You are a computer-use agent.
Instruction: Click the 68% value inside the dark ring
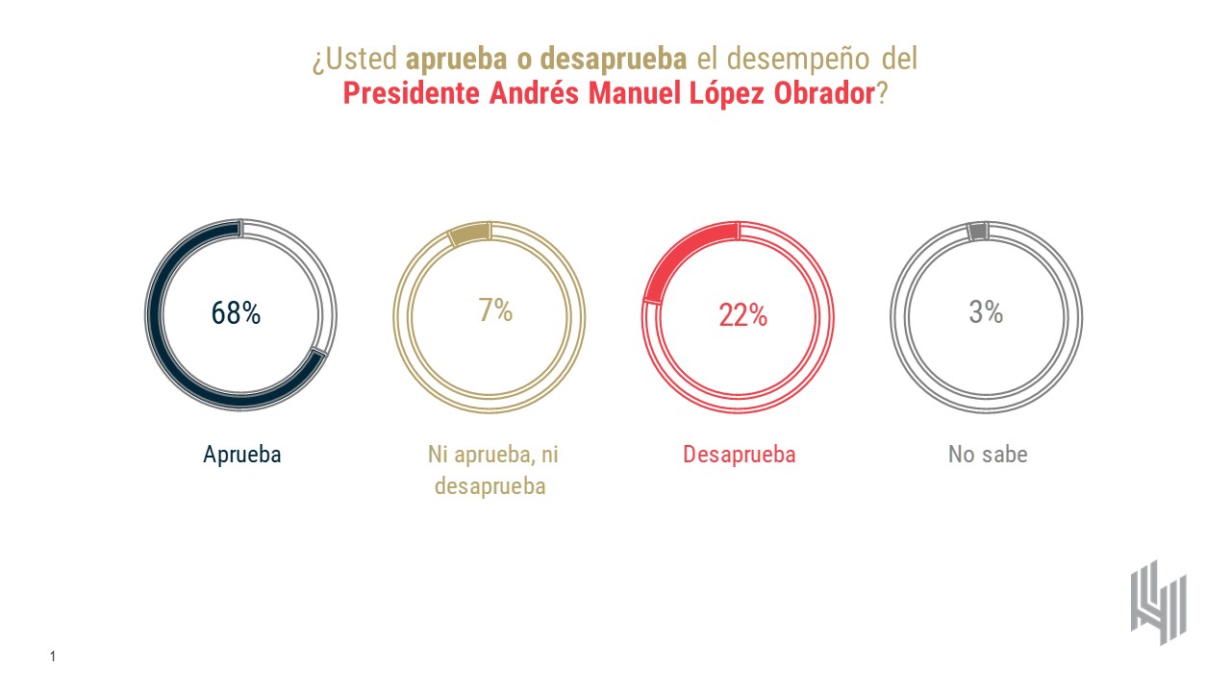(236, 313)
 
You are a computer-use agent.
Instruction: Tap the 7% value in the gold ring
(495, 310)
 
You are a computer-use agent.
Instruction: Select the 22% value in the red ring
(742, 314)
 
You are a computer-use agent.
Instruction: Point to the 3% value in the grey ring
(986, 311)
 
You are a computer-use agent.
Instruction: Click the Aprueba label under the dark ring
(241, 455)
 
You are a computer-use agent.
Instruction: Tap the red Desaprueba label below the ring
(739, 455)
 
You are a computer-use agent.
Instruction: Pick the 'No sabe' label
(988, 455)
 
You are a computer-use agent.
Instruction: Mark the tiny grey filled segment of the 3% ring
(978, 232)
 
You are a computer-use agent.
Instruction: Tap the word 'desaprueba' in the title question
(614, 60)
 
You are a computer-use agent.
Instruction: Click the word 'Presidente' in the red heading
(412, 95)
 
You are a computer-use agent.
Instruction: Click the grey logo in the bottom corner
(1158, 602)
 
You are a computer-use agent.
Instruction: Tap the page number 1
(53, 657)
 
